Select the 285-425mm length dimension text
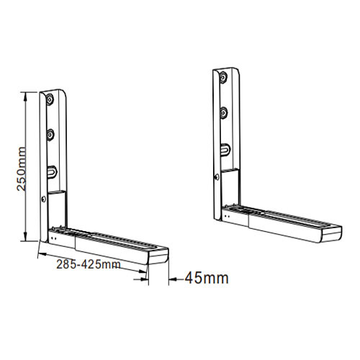point(87,264)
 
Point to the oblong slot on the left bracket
point(52,171)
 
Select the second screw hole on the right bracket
point(224,113)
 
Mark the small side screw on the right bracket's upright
point(215,176)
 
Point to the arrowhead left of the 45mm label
point(172,277)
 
